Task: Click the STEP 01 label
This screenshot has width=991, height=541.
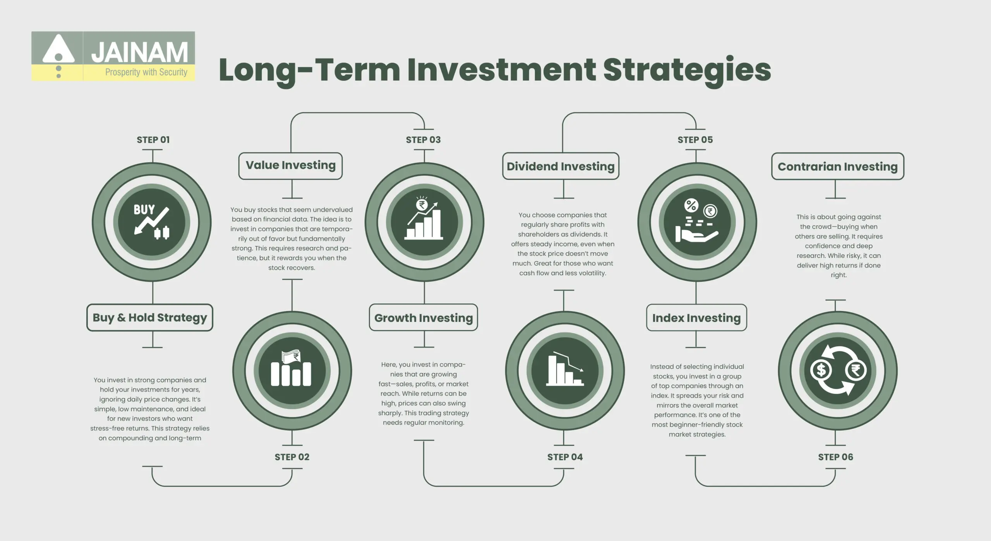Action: point(153,140)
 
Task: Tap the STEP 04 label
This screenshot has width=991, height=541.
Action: point(565,457)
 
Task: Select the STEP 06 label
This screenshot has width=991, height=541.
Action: point(835,457)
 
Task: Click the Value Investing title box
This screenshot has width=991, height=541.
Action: point(290,166)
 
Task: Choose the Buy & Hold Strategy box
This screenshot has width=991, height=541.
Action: point(150,318)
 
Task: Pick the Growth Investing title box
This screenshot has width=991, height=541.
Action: point(423,318)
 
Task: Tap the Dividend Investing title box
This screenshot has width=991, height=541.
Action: point(561,166)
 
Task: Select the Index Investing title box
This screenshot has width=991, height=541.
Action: point(696,318)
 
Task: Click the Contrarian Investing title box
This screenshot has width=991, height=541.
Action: point(838,166)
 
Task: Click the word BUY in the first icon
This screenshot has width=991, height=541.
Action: point(144,210)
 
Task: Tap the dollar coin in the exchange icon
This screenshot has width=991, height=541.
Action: point(821,370)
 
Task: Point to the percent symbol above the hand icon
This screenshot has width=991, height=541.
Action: point(691,205)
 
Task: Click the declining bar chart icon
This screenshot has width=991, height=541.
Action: point(565,371)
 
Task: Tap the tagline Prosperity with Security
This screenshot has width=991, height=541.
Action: point(146,72)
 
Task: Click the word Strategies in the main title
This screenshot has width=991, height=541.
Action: point(687,70)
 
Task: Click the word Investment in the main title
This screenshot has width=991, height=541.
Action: point(501,70)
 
